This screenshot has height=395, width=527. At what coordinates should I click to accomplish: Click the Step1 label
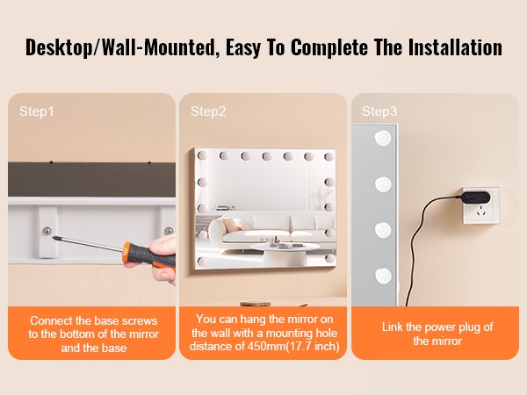(36, 111)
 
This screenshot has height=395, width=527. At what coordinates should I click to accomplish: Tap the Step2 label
(208, 111)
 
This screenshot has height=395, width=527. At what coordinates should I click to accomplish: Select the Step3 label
(379, 111)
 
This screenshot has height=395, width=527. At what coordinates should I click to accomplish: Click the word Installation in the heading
(455, 47)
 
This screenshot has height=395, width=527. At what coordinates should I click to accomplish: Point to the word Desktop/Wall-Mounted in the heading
(120, 47)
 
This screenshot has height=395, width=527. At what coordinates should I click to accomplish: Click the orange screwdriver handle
(148, 255)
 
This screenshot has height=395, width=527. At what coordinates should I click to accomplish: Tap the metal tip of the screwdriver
(54, 238)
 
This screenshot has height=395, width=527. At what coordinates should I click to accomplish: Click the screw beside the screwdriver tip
(47, 231)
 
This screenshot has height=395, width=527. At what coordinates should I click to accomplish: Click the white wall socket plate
(480, 205)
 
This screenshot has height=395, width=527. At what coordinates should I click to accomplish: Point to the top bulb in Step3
(383, 138)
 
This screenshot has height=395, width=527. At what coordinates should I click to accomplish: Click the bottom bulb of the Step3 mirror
(383, 276)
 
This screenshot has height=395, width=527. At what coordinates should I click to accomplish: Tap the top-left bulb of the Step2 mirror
(202, 155)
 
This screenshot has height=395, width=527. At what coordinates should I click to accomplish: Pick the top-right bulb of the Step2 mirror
(329, 156)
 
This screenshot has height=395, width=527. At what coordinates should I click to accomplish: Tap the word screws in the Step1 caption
(140, 320)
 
